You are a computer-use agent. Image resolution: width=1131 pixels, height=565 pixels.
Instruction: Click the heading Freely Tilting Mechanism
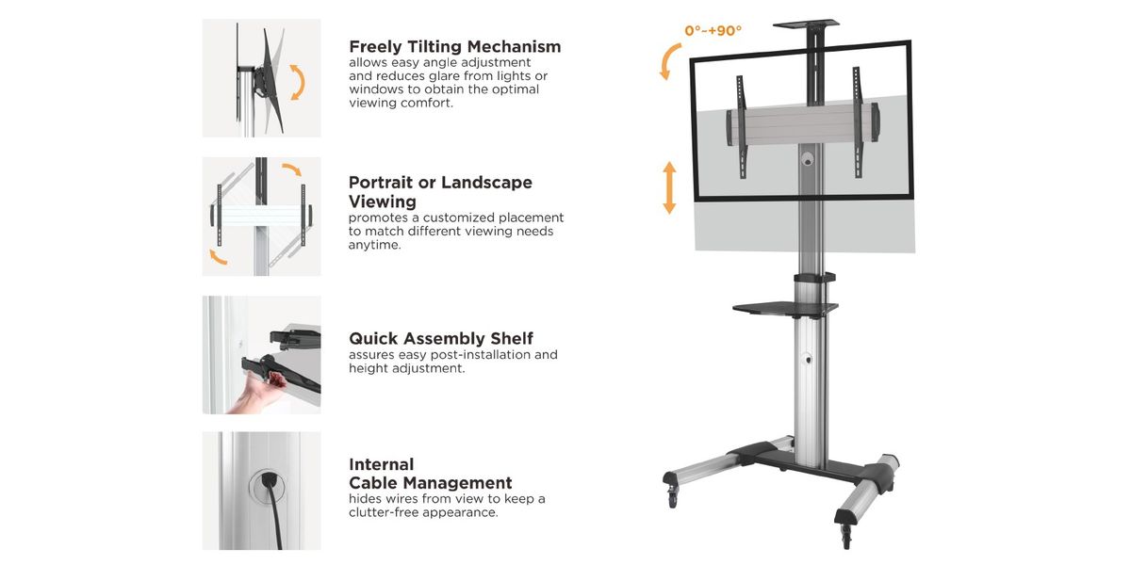click(x=454, y=46)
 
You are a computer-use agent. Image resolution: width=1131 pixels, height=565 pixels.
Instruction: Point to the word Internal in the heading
click(x=382, y=464)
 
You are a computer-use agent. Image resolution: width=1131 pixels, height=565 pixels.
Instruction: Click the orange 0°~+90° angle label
click(x=713, y=31)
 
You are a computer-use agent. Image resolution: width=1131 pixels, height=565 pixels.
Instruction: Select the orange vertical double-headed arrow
click(x=669, y=187)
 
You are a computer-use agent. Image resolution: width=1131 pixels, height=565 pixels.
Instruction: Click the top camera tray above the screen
click(x=806, y=24)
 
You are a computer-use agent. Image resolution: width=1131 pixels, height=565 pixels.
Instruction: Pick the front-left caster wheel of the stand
click(x=673, y=494)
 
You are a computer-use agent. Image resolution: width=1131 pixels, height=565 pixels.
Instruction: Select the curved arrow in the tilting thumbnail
click(x=298, y=82)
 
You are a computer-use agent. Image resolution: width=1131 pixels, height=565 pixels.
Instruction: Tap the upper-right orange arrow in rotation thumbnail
click(x=291, y=170)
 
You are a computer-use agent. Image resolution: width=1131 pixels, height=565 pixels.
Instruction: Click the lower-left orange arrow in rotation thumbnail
click(x=218, y=256)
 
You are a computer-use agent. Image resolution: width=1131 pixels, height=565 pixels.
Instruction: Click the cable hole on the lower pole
click(x=807, y=359)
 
